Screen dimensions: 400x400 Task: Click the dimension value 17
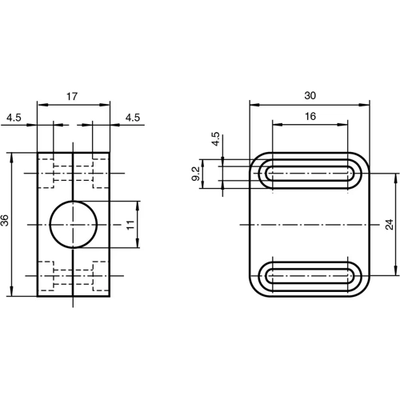coord(72,96)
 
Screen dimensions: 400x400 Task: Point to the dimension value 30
coord(310,95)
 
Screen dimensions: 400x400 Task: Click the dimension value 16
coord(310,116)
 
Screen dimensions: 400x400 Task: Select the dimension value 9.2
coord(196,174)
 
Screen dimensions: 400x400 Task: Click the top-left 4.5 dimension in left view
coord(14,117)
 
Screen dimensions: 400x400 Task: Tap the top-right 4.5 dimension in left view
coord(133,117)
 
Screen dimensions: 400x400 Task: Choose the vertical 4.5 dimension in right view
coord(215,138)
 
